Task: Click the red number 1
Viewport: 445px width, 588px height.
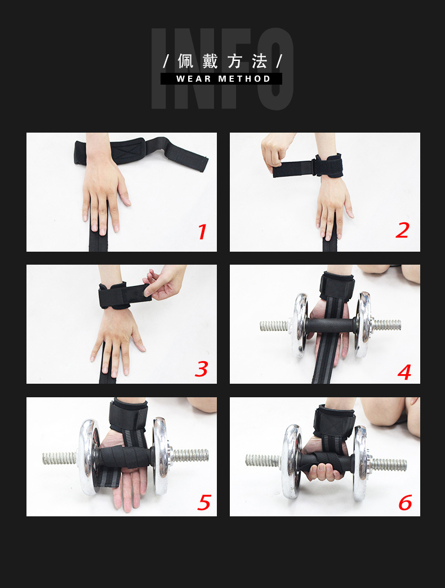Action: [202, 232]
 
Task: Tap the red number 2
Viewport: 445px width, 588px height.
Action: [402, 230]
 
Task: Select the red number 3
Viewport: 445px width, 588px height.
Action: [201, 369]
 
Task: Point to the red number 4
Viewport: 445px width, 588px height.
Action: [404, 372]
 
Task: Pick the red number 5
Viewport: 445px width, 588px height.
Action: [204, 502]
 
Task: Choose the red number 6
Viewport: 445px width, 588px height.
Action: [406, 502]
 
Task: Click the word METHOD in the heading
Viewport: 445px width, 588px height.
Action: [244, 79]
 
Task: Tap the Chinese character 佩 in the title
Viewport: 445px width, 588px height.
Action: [186, 61]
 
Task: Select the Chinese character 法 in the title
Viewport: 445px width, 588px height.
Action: [259, 61]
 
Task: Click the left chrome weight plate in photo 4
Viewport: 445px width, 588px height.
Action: [301, 324]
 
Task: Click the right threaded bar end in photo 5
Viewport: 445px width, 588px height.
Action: [190, 455]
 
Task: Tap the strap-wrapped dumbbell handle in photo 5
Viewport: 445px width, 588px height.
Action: [125, 457]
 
